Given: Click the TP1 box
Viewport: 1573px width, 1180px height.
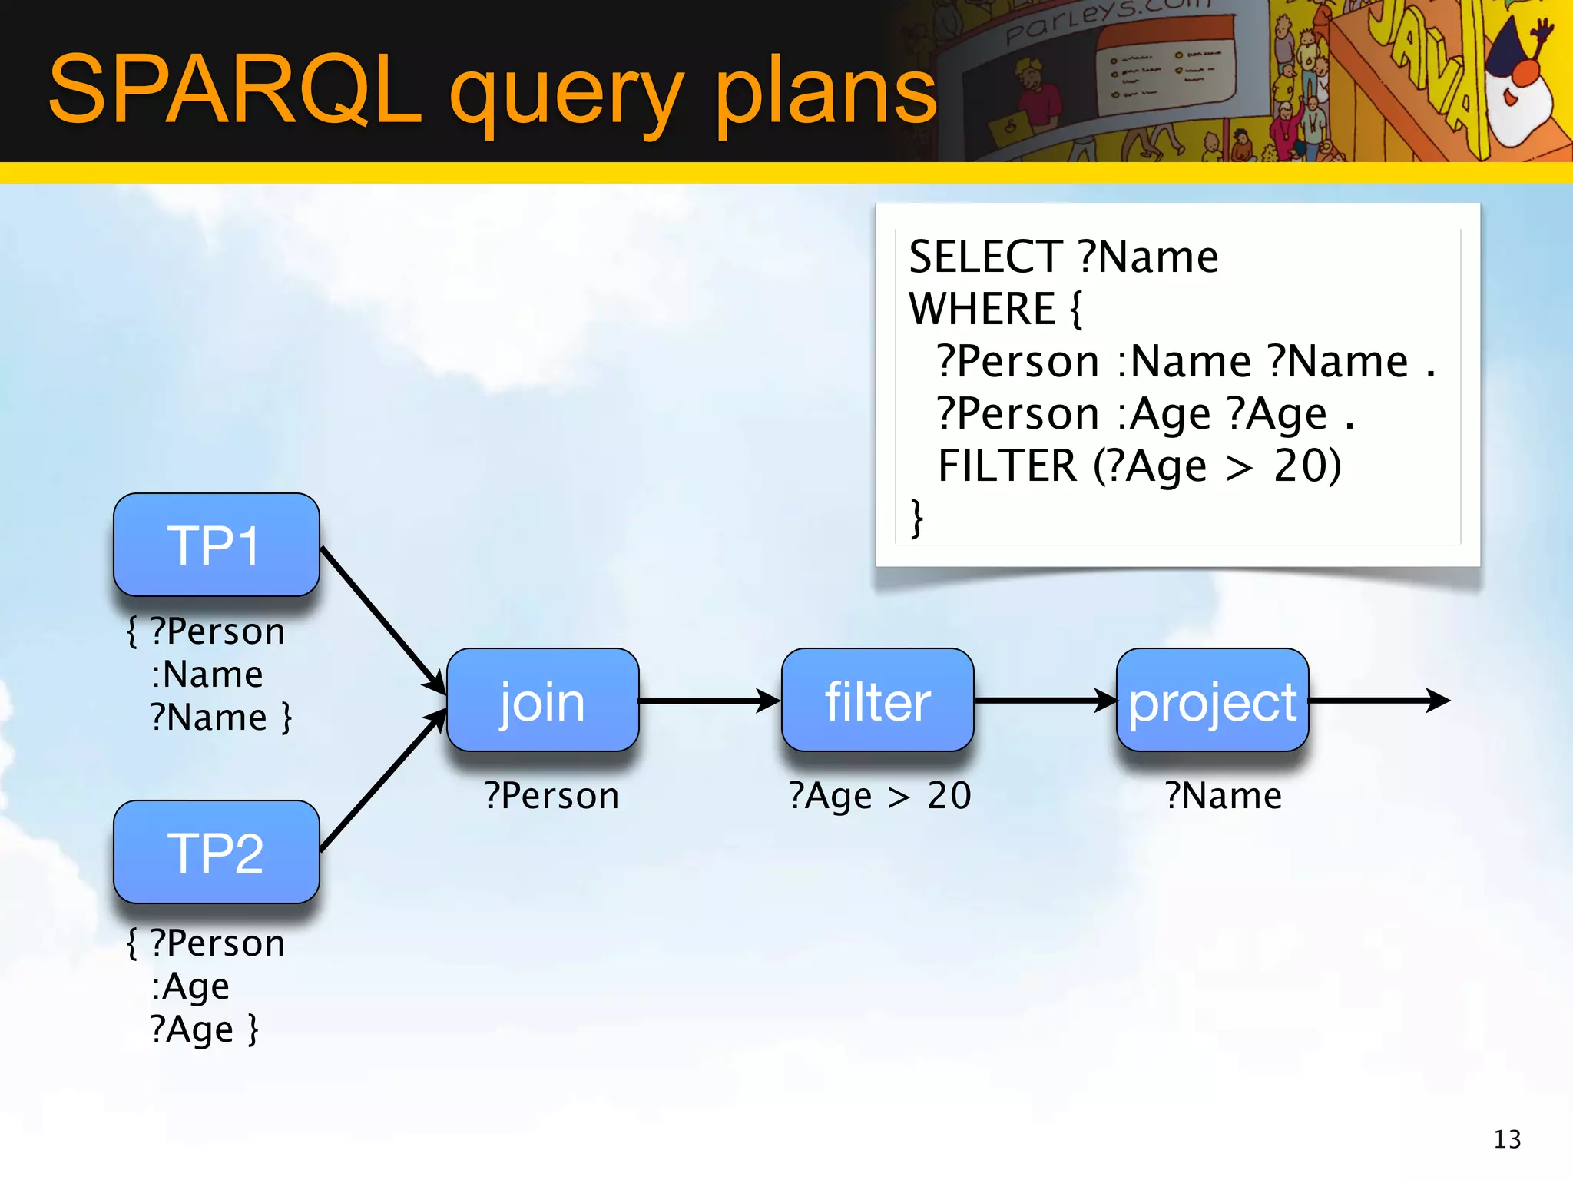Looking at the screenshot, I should coord(216,545).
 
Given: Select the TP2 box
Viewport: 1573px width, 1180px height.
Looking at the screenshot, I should coord(216,852).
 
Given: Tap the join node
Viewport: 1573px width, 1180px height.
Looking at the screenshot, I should coord(542,700).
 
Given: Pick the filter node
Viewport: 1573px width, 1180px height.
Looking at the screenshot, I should coord(877,700).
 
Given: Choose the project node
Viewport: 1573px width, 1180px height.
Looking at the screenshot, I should coord(1212,700).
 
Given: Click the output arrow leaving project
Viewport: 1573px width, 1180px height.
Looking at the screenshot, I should coord(1379,701).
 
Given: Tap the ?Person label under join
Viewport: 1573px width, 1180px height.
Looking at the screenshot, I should coord(551,795).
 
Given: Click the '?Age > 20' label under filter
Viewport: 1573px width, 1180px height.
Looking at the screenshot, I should coord(880,795).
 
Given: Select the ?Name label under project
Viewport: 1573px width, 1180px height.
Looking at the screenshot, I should coord(1223,795).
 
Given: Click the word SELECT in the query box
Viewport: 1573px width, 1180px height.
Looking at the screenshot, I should coord(985,257).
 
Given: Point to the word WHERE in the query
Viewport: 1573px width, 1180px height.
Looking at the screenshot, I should coord(982,309).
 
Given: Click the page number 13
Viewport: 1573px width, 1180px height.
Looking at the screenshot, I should coord(1507,1139).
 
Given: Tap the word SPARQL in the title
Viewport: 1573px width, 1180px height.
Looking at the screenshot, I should coord(234,91).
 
